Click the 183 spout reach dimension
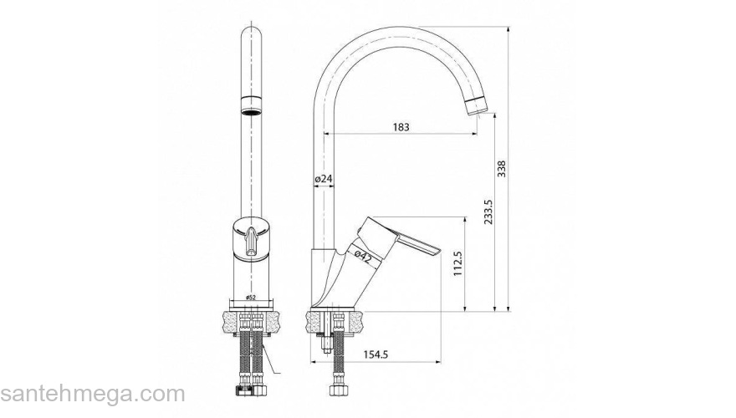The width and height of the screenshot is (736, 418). tap(401, 127)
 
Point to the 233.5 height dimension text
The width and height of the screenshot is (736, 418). tap(488, 212)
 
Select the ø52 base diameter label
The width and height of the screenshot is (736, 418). tap(251, 298)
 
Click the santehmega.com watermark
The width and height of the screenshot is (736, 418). tap(93, 393)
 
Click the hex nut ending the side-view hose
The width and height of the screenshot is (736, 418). tap(340, 390)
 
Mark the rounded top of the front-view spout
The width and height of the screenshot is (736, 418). tap(251, 33)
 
